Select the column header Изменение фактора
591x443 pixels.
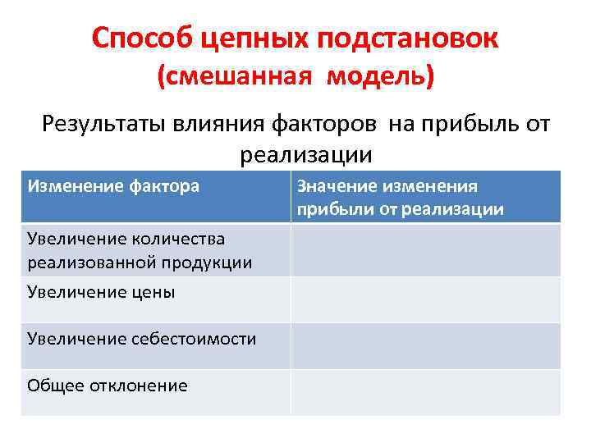tap(113, 186)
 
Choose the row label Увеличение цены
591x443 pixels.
tap(101, 292)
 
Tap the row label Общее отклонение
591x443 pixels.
tap(107, 386)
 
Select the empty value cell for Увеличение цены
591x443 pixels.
tap(425, 299)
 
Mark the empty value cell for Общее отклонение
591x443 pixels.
tap(425, 392)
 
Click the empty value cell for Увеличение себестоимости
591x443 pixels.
tap(425, 345)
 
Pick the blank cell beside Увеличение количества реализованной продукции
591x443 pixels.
tap(425, 250)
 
